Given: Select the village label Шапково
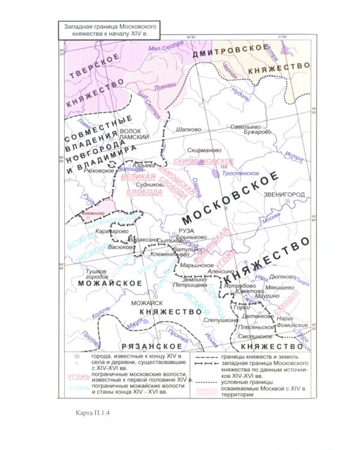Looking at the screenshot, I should point(187,129).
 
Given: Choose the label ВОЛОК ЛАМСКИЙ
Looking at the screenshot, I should point(134,134).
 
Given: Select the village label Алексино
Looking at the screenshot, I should point(214,271).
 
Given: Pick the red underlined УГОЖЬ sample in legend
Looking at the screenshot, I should point(75,377).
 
